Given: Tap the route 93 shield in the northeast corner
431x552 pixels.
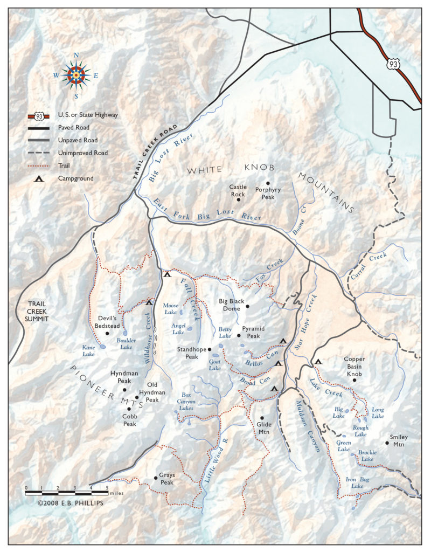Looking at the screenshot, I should click(392, 64).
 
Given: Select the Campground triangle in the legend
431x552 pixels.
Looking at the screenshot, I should click(39, 178).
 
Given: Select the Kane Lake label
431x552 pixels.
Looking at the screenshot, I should click(89, 351).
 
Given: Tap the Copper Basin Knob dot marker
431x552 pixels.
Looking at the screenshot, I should click(354, 380).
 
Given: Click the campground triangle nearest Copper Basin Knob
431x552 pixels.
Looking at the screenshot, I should click(318, 362).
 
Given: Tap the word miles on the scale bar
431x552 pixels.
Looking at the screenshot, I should click(116, 492).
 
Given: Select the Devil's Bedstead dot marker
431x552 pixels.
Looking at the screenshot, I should click(108, 334).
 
